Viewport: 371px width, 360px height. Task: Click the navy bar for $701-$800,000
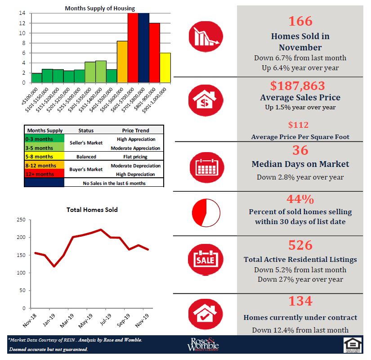pos(143,48)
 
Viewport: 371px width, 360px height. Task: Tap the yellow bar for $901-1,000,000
pos(165,67)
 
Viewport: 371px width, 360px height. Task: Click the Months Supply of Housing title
pos(100,8)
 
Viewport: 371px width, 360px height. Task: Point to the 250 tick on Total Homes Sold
pos(21,220)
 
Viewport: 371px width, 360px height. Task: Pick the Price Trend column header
pos(135,130)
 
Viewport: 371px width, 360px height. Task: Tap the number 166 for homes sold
pos(300,21)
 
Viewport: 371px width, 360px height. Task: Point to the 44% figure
pos(300,199)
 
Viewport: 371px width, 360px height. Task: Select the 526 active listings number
pos(300,245)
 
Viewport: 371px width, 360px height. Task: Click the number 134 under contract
pos(300,301)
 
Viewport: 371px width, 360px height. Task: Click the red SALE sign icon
pos(205,259)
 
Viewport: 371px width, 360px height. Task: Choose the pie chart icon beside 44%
pos(205,212)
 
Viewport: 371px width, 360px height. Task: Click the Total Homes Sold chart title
pos(92,210)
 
